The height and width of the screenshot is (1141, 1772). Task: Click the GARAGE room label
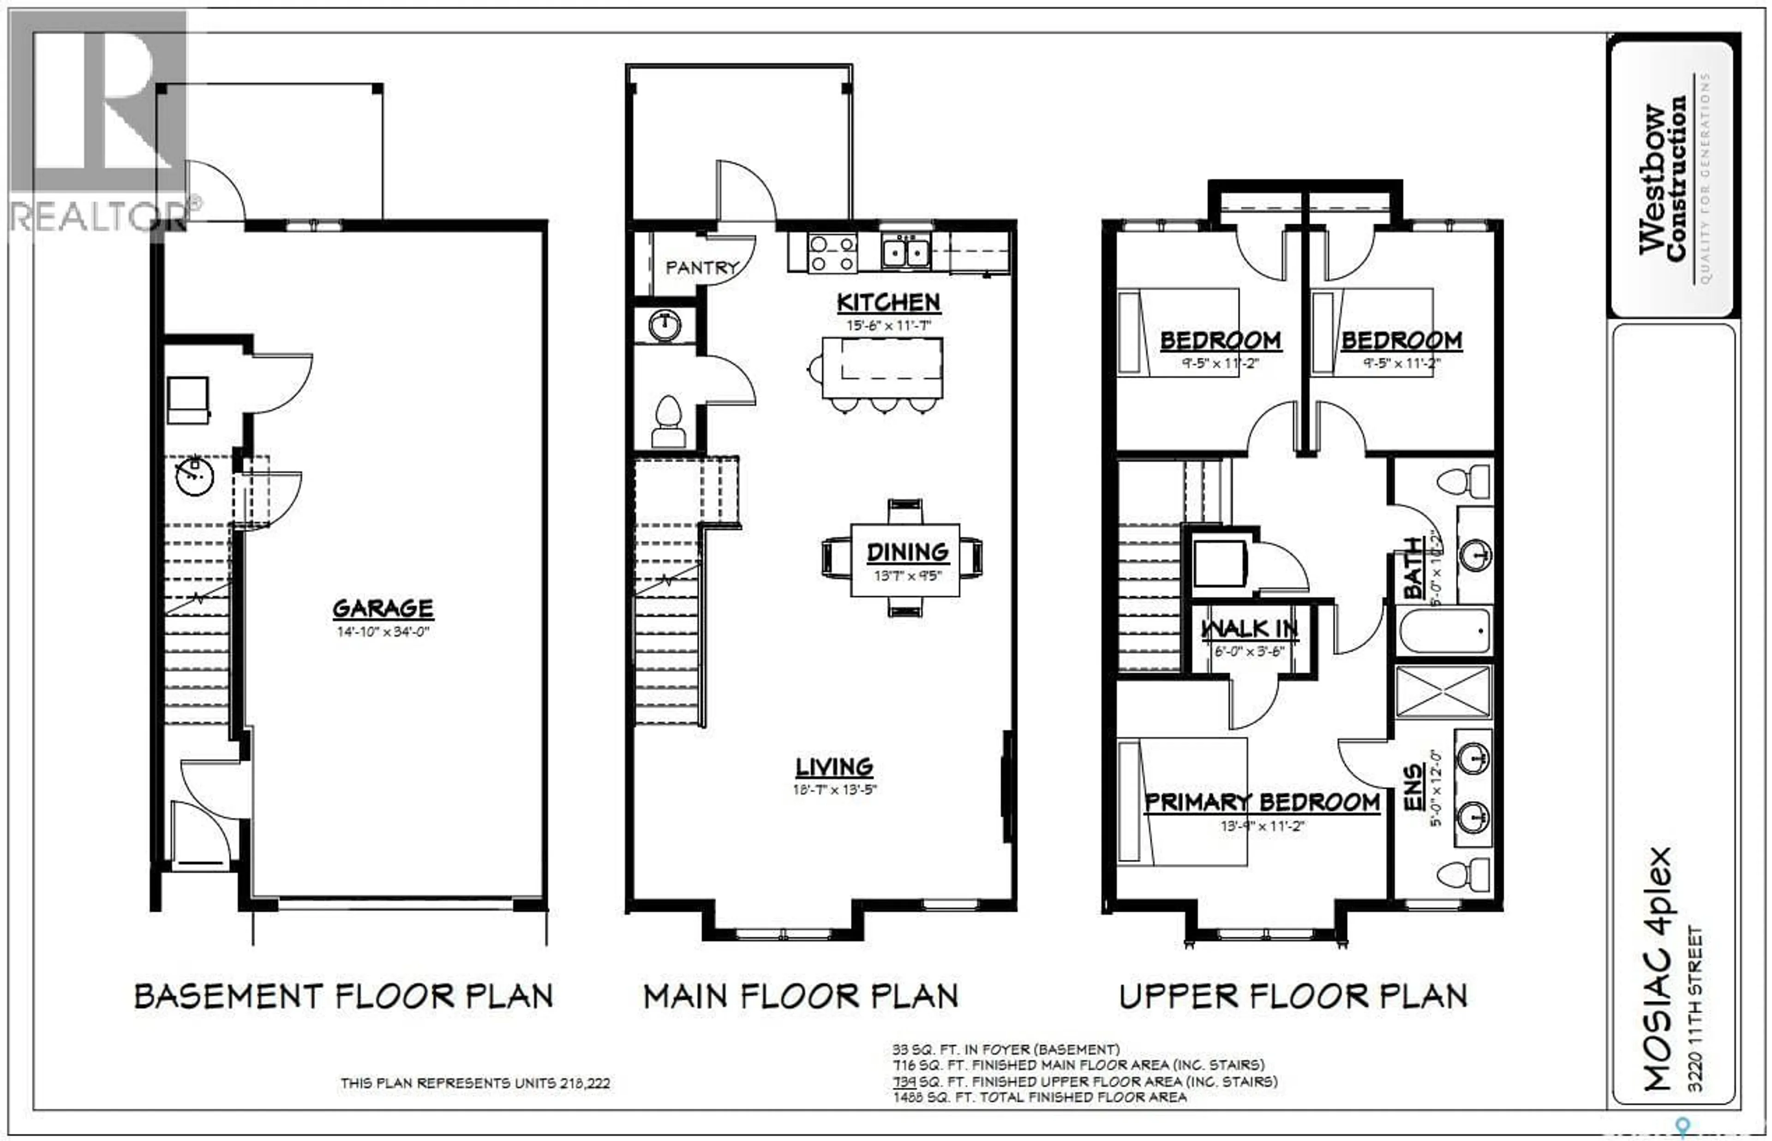click(383, 608)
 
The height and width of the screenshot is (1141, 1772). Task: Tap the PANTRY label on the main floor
click(701, 267)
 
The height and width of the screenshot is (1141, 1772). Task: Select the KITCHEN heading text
click(889, 302)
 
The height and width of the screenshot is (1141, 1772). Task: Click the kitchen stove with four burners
click(832, 253)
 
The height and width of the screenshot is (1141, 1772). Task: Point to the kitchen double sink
click(906, 253)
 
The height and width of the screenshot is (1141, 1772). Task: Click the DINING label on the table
click(907, 552)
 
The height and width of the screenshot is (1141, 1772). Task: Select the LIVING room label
click(834, 767)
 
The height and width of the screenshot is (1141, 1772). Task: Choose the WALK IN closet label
click(1249, 629)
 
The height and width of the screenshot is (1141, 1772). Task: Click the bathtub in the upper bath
click(1444, 630)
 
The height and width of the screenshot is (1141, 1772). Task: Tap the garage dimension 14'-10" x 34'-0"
click(383, 632)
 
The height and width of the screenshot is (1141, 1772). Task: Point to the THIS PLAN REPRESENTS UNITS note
click(475, 1083)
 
